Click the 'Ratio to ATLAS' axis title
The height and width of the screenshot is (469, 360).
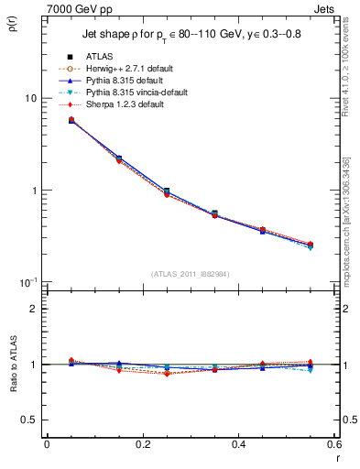(13, 365)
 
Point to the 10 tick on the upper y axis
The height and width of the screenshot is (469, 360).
(30, 98)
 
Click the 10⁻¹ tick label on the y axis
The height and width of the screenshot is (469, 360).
(28, 282)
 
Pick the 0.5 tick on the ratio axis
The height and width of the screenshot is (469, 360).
(30, 420)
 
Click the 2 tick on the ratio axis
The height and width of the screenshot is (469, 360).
(34, 309)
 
